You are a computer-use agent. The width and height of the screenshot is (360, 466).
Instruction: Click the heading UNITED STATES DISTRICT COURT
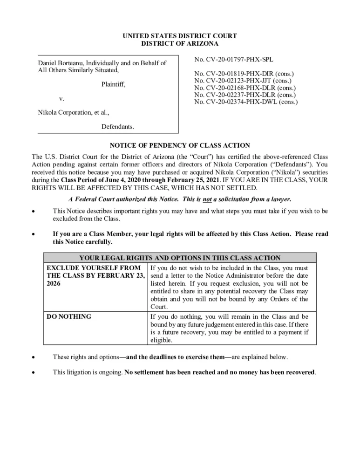click(x=180, y=36)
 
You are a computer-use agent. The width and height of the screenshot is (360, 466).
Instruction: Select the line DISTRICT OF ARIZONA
click(x=180, y=43)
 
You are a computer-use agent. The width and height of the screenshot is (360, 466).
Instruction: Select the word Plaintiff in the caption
click(x=113, y=84)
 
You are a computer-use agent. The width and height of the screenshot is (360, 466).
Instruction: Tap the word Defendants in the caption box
click(x=117, y=126)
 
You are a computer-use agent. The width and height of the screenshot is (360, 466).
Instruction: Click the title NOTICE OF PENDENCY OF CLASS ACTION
click(x=180, y=146)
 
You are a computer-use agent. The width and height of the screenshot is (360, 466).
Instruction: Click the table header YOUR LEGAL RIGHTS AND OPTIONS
click(x=180, y=258)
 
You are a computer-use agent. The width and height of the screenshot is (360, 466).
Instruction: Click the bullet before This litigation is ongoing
click(x=32, y=373)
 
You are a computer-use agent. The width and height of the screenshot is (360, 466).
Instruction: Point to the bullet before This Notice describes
click(x=32, y=212)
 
